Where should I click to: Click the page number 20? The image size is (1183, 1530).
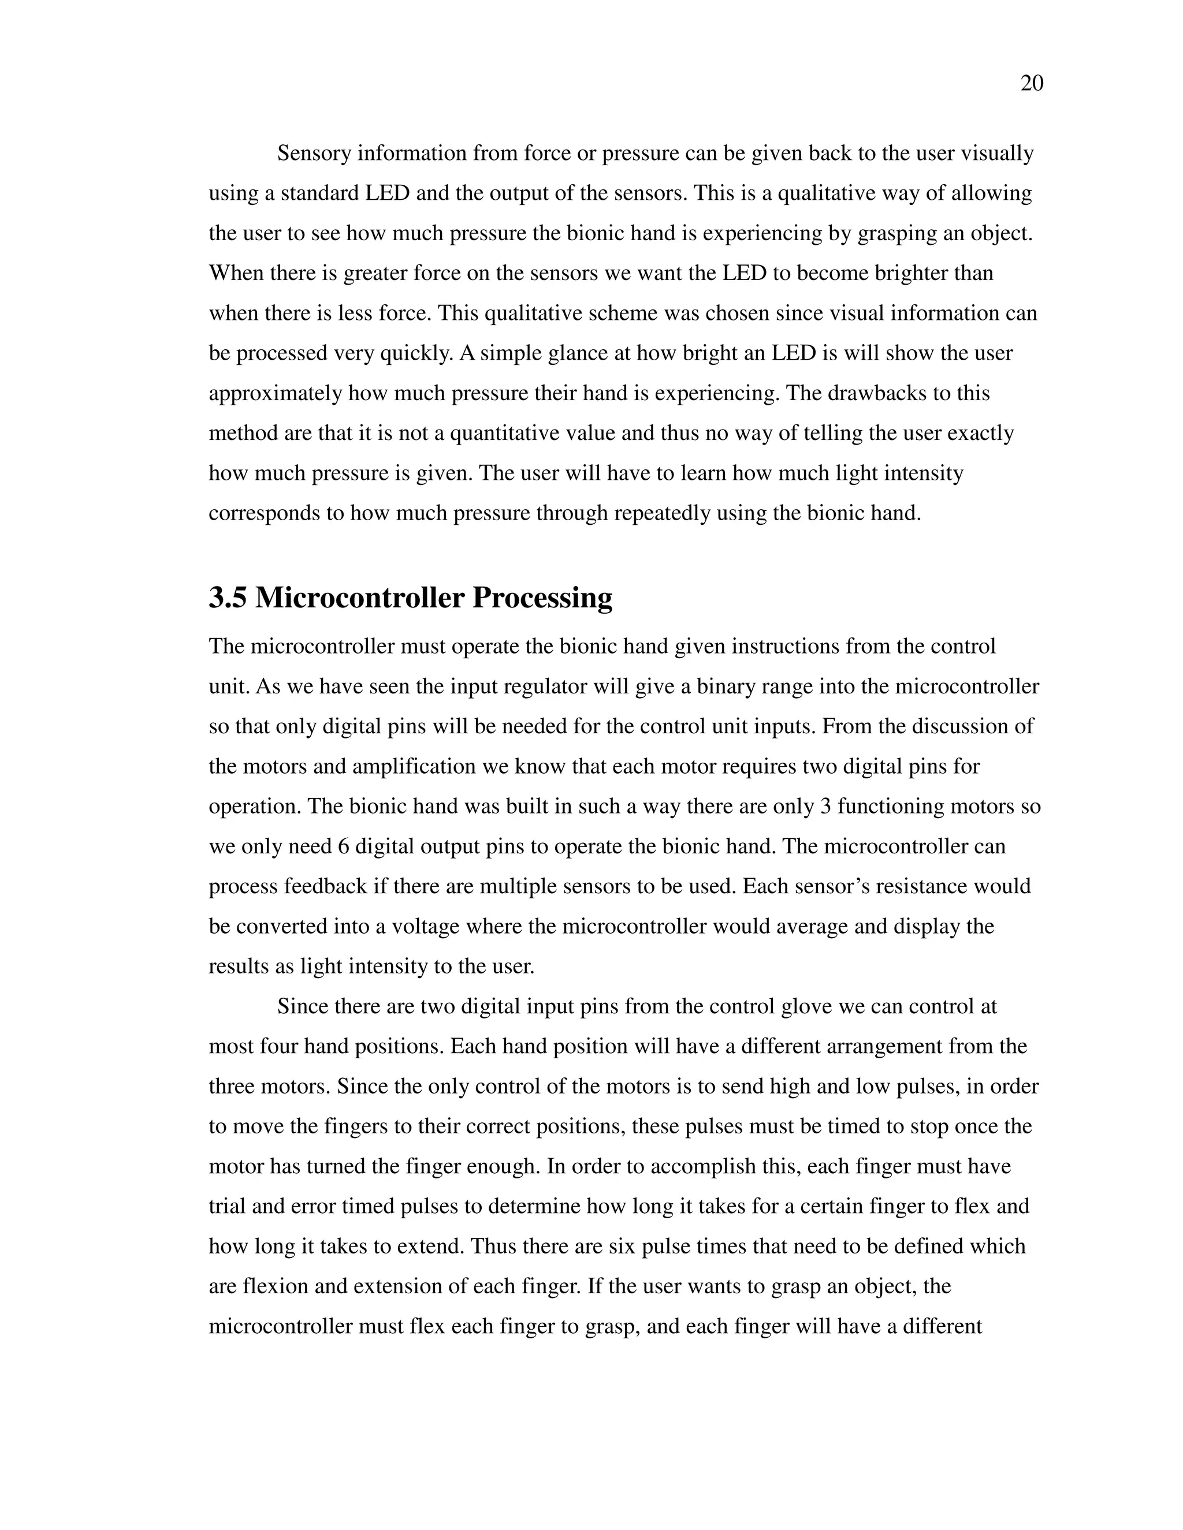[x=1032, y=83]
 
